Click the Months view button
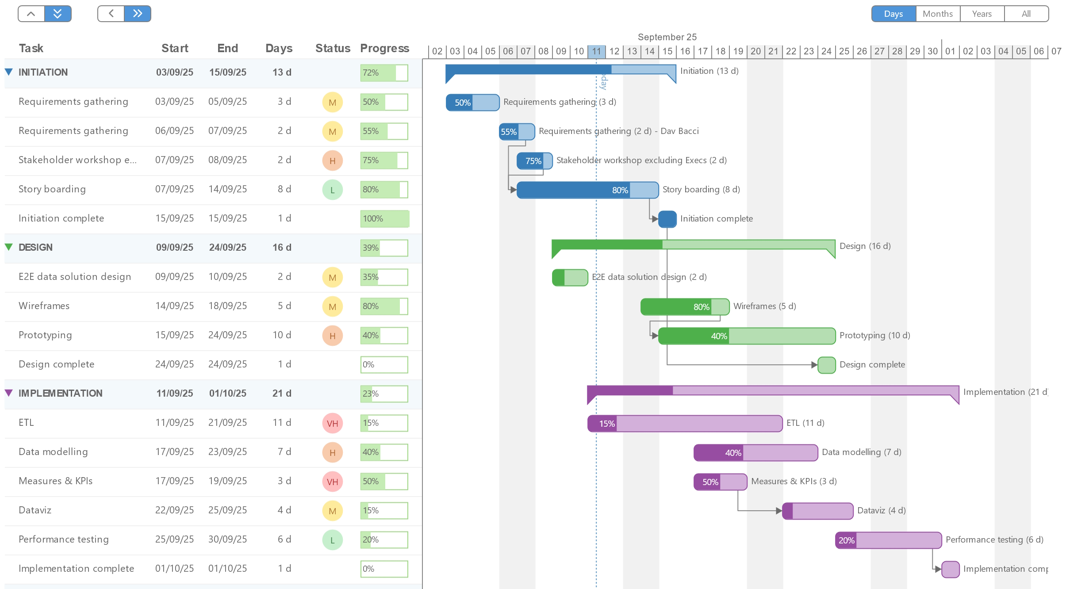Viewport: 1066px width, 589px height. tap(938, 14)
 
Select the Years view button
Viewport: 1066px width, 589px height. tap(982, 14)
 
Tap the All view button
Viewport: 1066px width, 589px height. tap(1026, 14)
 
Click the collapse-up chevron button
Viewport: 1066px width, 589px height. tap(31, 14)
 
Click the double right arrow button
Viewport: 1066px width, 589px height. tap(138, 14)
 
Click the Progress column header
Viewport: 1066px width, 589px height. tap(384, 48)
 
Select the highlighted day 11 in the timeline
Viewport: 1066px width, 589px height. tap(596, 51)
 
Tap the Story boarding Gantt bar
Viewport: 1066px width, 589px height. tap(587, 190)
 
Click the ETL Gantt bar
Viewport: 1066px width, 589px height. tap(685, 424)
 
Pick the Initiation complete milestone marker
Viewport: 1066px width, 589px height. tap(667, 219)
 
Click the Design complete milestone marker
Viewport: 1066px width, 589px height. tap(826, 365)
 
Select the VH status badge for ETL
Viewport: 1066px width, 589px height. tap(332, 423)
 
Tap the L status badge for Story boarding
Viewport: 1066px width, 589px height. tap(332, 190)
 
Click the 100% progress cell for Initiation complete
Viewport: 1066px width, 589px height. tap(384, 219)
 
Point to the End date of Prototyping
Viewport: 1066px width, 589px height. tap(227, 335)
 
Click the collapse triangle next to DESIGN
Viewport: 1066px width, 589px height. tap(9, 247)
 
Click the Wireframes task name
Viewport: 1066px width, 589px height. tap(44, 306)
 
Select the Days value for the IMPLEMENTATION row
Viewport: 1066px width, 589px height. tap(282, 394)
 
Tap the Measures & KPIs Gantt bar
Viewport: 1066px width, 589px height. tap(720, 482)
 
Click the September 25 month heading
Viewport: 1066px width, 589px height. tap(667, 37)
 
